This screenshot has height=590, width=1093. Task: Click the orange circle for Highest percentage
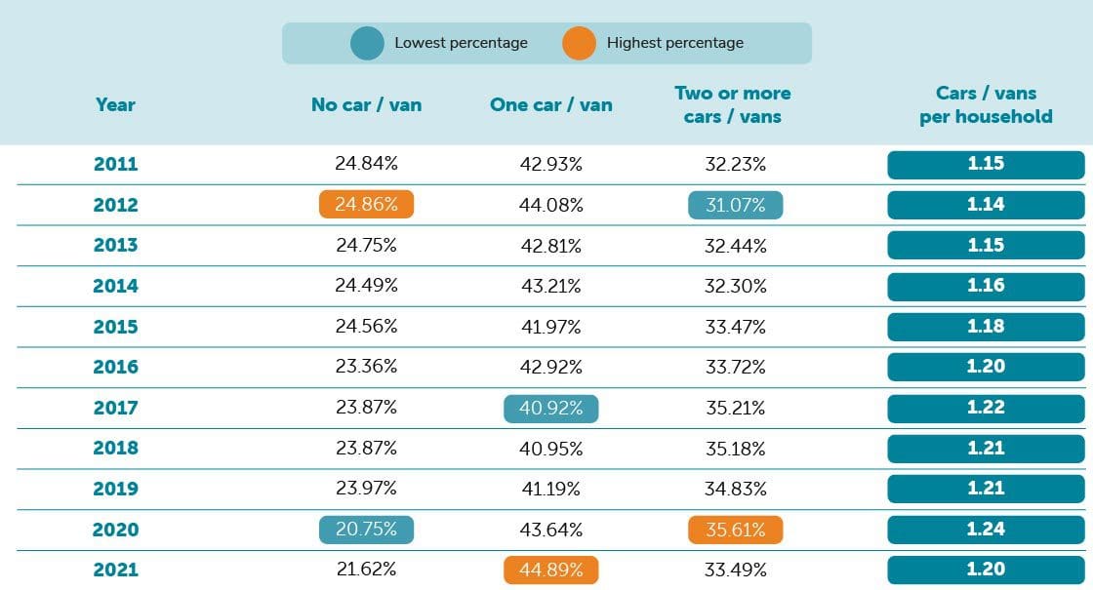[579, 43]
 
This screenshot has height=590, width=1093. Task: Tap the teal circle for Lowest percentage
[367, 43]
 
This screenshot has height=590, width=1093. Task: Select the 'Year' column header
[115, 104]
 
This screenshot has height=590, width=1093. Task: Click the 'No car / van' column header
[366, 104]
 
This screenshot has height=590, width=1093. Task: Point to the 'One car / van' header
[551, 104]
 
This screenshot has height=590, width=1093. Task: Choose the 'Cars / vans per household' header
[986, 104]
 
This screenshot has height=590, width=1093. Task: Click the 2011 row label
[115, 164]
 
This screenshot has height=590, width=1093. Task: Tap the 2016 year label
[115, 367]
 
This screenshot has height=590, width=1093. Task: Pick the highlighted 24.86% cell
[366, 205]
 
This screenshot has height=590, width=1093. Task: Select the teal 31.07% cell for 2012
[735, 205]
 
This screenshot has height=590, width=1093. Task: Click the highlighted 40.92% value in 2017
[551, 409]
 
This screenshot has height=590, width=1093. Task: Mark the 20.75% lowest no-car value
[366, 530]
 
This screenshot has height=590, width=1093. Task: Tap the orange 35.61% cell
[735, 530]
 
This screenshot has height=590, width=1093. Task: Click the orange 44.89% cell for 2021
[551, 570]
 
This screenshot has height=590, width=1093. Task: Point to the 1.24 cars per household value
[986, 530]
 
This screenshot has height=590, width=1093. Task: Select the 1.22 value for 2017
[986, 408]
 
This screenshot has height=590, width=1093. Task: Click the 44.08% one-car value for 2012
[551, 205]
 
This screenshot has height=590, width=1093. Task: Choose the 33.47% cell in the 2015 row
[735, 327]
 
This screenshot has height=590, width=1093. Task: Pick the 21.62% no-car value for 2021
[366, 570]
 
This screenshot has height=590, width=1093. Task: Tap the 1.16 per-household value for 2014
[986, 286]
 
